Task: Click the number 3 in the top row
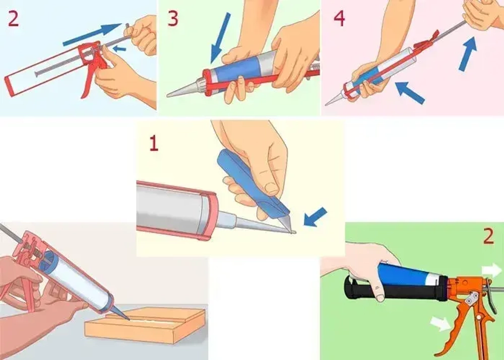click(172, 19)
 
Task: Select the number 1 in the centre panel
click(154, 143)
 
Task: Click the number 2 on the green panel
click(488, 236)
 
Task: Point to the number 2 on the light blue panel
click(13, 19)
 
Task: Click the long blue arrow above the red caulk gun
click(92, 34)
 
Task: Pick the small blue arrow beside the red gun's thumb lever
click(119, 48)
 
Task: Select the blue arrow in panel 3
click(220, 38)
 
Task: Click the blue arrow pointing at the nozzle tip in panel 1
click(316, 217)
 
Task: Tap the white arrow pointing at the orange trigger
click(440, 323)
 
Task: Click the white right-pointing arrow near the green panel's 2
click(492, 270)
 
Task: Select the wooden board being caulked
click(145, 325)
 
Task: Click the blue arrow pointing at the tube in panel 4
click(410, 93)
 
